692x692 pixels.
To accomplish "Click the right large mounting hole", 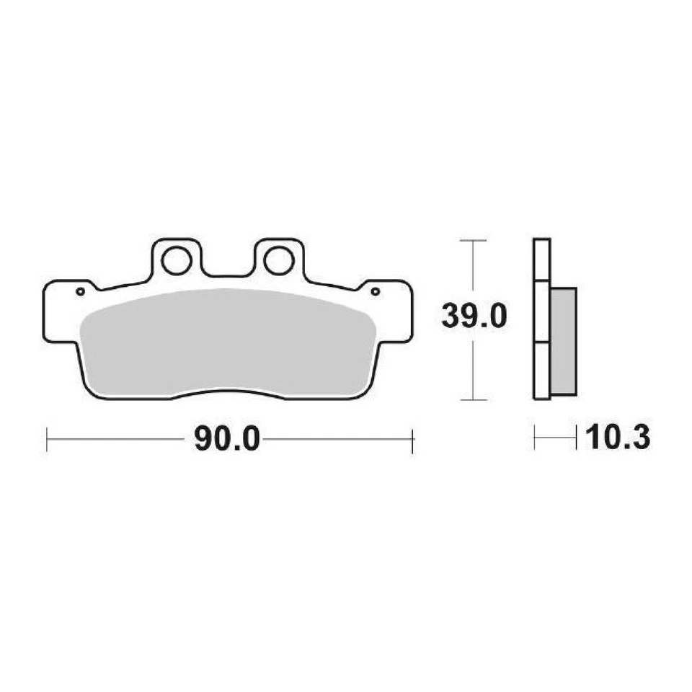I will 278,261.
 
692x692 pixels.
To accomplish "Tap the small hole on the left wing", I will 80,291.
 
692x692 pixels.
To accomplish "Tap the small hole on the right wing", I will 375,291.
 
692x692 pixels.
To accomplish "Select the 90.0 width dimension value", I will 226,440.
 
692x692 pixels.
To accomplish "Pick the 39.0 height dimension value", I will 474,316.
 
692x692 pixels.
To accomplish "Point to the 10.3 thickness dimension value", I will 618,438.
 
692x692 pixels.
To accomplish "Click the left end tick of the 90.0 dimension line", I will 47,440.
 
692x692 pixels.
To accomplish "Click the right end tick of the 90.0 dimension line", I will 412,440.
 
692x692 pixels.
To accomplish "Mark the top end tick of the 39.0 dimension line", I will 471,240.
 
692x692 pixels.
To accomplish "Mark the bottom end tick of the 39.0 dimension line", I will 471,399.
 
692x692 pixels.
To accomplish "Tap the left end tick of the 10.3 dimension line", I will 534,438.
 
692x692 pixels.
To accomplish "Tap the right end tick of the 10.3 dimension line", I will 577,438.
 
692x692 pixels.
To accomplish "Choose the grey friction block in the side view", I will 563,340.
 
